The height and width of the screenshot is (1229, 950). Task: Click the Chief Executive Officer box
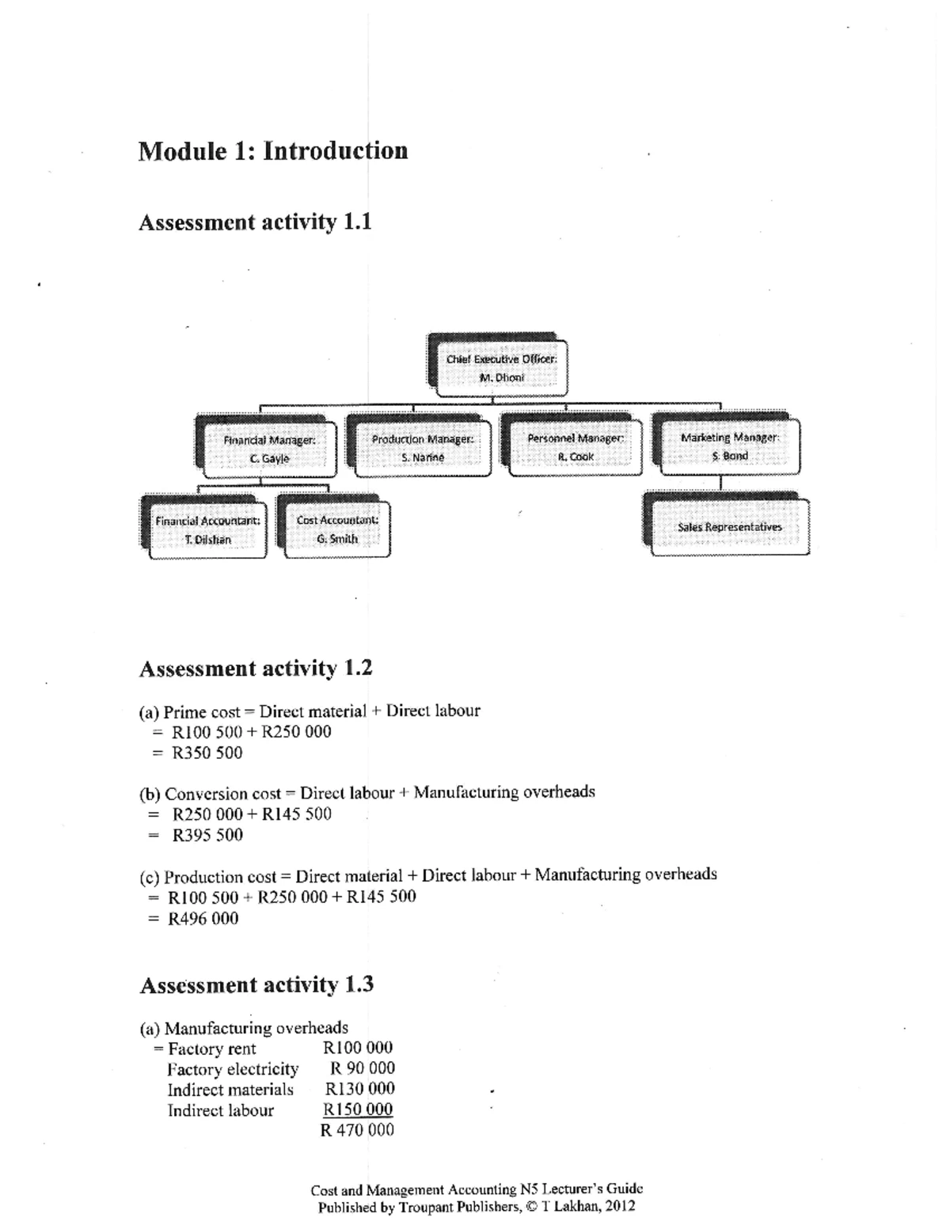pos(500,368)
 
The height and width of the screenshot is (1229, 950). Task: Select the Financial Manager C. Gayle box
pos(269,449)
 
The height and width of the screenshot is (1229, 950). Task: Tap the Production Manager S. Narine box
pos(423,448)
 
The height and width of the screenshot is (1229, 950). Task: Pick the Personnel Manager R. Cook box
pos(575,447)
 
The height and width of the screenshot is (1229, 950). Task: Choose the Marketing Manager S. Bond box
pos(729,446)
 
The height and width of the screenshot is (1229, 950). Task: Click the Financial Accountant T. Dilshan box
pos(207,530)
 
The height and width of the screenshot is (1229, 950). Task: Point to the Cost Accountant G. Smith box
pos(337,529)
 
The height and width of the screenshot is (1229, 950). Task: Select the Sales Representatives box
pos(729,527)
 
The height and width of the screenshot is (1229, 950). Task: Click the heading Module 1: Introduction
pos(273,151)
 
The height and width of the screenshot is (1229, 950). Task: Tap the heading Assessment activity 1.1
pos(255,222)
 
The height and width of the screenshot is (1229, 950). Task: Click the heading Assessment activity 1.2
pos(256,669)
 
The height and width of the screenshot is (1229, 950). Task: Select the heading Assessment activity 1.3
pos(256,985)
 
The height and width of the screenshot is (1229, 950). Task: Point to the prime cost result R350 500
pos(207,753)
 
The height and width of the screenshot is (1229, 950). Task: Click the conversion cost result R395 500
pos(207,835)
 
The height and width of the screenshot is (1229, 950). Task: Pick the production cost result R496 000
pos(203,919)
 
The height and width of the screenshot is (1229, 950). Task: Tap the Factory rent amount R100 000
pos(358,1048)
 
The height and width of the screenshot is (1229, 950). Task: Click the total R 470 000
pos(357,1130)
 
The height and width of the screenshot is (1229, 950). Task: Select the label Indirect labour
pos(220,1110)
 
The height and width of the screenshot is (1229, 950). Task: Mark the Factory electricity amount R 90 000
pos(363,1068)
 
